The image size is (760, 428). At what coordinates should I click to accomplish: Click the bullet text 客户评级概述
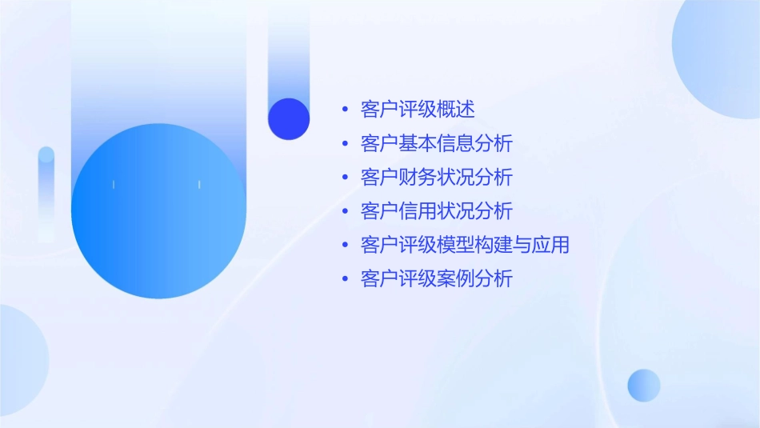pyautogui.click(x=418, y=110)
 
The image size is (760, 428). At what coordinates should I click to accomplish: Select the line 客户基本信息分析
pyautogui.click(x=436, y=144)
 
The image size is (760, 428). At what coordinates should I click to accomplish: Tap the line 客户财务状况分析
pyautogui.click(x=436, y=178)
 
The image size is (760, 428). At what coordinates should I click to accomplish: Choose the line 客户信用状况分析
pyautogui.click(x=436, y=211)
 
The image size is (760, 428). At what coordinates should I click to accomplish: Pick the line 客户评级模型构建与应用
pyautogui.click(x=465, y=245)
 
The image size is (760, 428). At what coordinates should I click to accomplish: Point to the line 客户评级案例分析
pyautogui.click(x=436, y=279)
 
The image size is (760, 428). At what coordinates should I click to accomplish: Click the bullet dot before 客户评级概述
pyautogui.click(x=345, y=110)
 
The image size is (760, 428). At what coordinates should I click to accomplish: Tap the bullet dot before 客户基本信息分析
pyautogui.click(x=345, y=144)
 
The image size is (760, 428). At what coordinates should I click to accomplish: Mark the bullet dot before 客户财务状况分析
pyautogui.click(x=345, y=178)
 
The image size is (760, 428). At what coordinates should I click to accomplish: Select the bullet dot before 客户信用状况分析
pyautogui.click(x=345, y=211)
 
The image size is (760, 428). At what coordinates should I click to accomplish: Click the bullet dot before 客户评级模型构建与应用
pyautogui.click(x=345, y=245)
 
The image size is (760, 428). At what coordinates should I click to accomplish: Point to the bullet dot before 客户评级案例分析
pyautogui.click(x=345, y=279)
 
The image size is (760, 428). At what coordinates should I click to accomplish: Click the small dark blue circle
pyautogui.click(x=289, y=119)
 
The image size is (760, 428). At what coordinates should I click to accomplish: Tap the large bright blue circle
pyautogui.click(x=158, y=211)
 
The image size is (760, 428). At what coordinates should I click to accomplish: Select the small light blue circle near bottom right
pyautogui.click(x=644, y=385)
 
